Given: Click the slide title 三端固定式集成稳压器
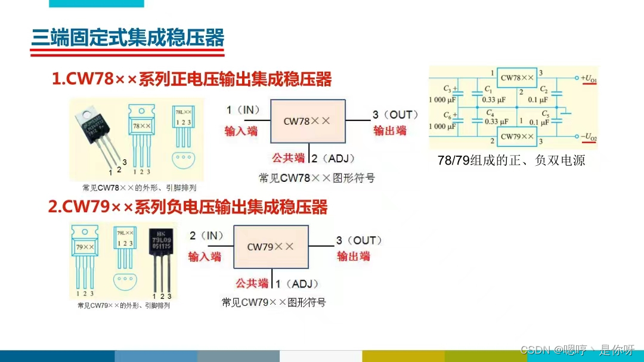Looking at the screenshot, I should point(128,39).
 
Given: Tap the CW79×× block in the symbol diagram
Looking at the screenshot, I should point(271,246).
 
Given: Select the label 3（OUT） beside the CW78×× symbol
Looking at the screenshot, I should point(395,115).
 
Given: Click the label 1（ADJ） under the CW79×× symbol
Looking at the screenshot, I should point(296,284).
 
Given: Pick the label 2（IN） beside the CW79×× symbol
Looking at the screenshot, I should point(206,236).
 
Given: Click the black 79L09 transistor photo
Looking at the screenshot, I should point(160,256).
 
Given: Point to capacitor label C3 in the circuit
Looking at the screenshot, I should point(447,89).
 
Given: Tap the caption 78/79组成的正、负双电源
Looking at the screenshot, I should point(511,160).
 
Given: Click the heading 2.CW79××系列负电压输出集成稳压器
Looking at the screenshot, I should point(188,207).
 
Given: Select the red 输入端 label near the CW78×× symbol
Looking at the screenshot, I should point(241,131).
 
